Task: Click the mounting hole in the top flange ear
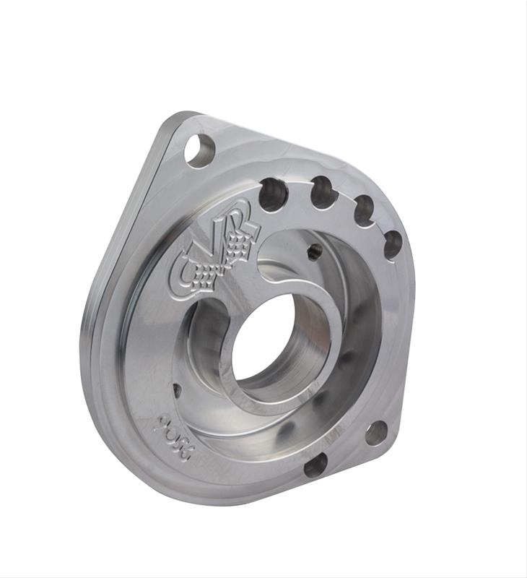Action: [x=200, y=150]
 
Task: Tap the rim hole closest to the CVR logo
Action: [x=274, y=194]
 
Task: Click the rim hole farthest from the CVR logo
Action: [x=392, y=245]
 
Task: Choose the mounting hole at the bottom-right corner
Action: [x=376, y=433]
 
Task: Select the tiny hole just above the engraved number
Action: [x=178, y=389]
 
